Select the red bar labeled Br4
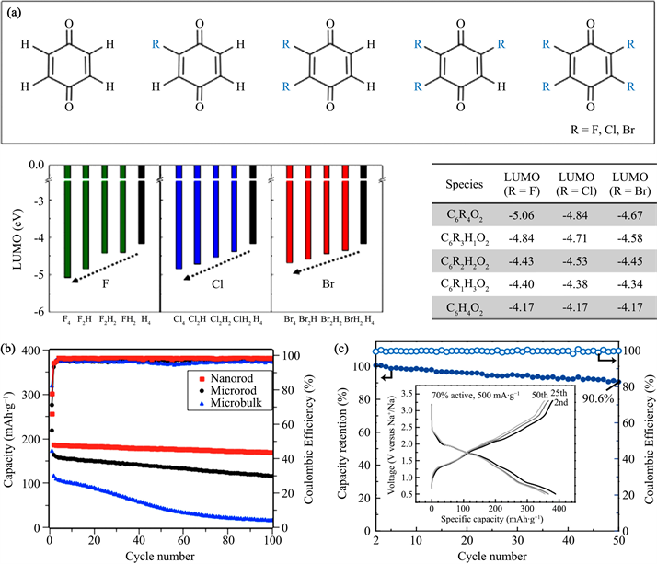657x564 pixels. click(x=291, y=213)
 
